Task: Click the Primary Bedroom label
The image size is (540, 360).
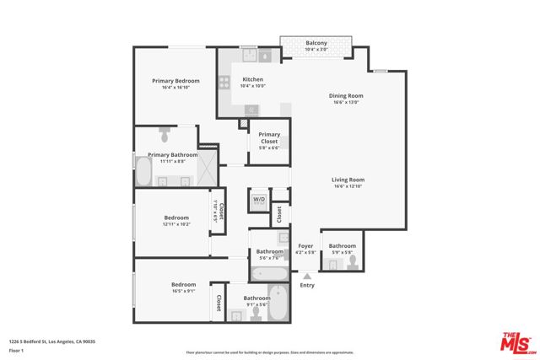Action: (175, 81)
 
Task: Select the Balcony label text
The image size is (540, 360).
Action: (316, 42)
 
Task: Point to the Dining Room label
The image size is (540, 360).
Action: (346, 95)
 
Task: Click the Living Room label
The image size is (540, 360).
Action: (347, 180)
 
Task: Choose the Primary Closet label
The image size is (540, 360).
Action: (269, 134)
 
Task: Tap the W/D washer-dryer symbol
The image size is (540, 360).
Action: (259, 201)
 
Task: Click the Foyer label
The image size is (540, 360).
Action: (305, 246)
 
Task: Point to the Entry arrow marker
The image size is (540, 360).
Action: (307, 276)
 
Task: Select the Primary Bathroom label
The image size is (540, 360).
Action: (173, 155)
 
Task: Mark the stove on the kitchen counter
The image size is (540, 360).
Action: (224, 83)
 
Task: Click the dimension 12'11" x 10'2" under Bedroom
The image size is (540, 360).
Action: (176, 224)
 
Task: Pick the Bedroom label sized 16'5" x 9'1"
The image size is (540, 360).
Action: (183, 285)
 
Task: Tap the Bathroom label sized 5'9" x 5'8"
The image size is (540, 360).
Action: (343, 246)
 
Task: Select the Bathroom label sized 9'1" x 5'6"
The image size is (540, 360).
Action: (256, 298)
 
